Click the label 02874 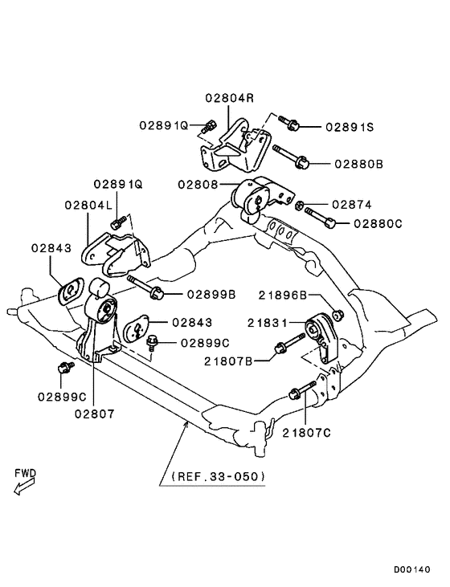[x=353, y=205]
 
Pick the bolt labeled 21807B [x=287, y=348]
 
